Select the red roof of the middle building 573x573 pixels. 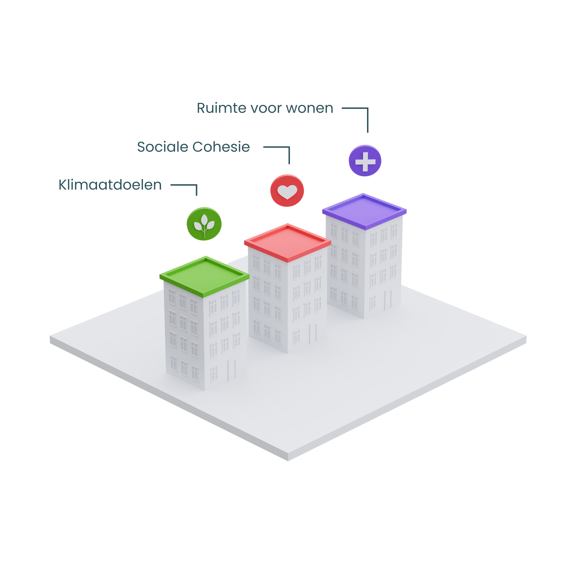tap(287, 243)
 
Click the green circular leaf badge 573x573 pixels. tap(204, 227)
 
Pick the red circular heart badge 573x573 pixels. tap(287, 192)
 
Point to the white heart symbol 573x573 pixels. tap(287, 192)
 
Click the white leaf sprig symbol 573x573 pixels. tap(204, 225)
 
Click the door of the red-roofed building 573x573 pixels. tap(313, 333)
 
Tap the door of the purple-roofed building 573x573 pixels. tap(388, 300)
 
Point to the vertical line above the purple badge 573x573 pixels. tap(367, 128)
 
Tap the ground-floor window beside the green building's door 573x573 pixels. tap(213, 374)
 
